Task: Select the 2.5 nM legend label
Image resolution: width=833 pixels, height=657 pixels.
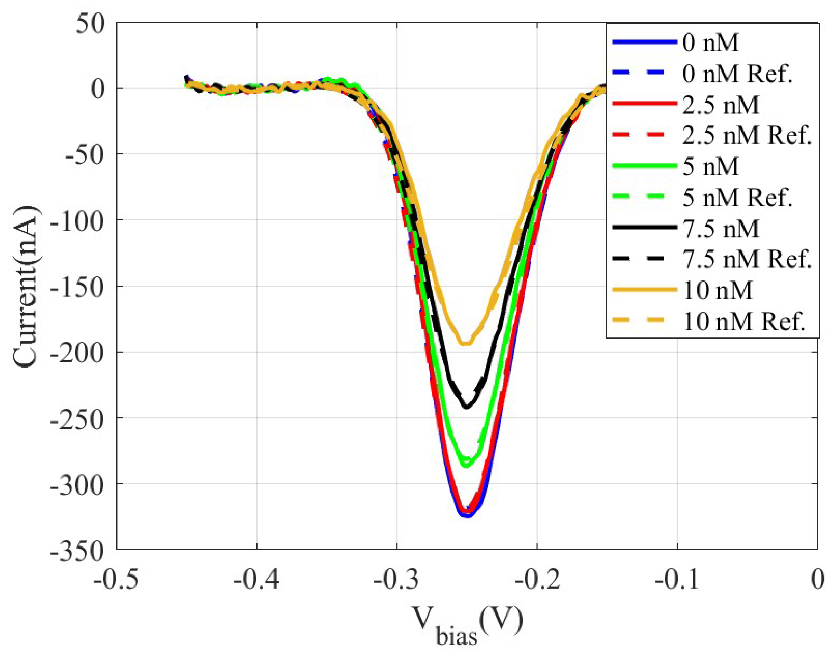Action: pos(720,105)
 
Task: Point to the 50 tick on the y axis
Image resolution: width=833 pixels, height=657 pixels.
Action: pos(90,24)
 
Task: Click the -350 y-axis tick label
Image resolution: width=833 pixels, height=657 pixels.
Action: pos(77,550)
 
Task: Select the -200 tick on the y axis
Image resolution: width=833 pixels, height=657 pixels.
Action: pos(77,352)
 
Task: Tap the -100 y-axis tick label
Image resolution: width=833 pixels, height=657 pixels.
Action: pos(77,220)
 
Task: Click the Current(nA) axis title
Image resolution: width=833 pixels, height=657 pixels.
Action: pos(25,287)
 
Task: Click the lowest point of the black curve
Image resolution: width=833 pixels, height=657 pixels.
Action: pos(467,407)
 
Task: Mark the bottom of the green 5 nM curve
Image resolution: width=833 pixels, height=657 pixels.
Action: pos(467,466)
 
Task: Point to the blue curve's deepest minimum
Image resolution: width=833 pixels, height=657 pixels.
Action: pos(467,516)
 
